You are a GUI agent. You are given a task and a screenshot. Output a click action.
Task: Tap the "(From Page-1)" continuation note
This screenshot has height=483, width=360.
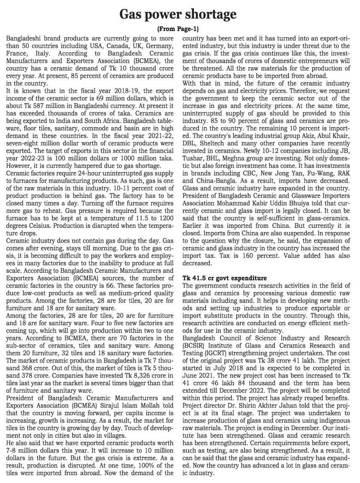click(x=178, y=29)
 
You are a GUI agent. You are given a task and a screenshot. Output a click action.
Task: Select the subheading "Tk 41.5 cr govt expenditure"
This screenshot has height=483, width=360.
click(x=224, y=278)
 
